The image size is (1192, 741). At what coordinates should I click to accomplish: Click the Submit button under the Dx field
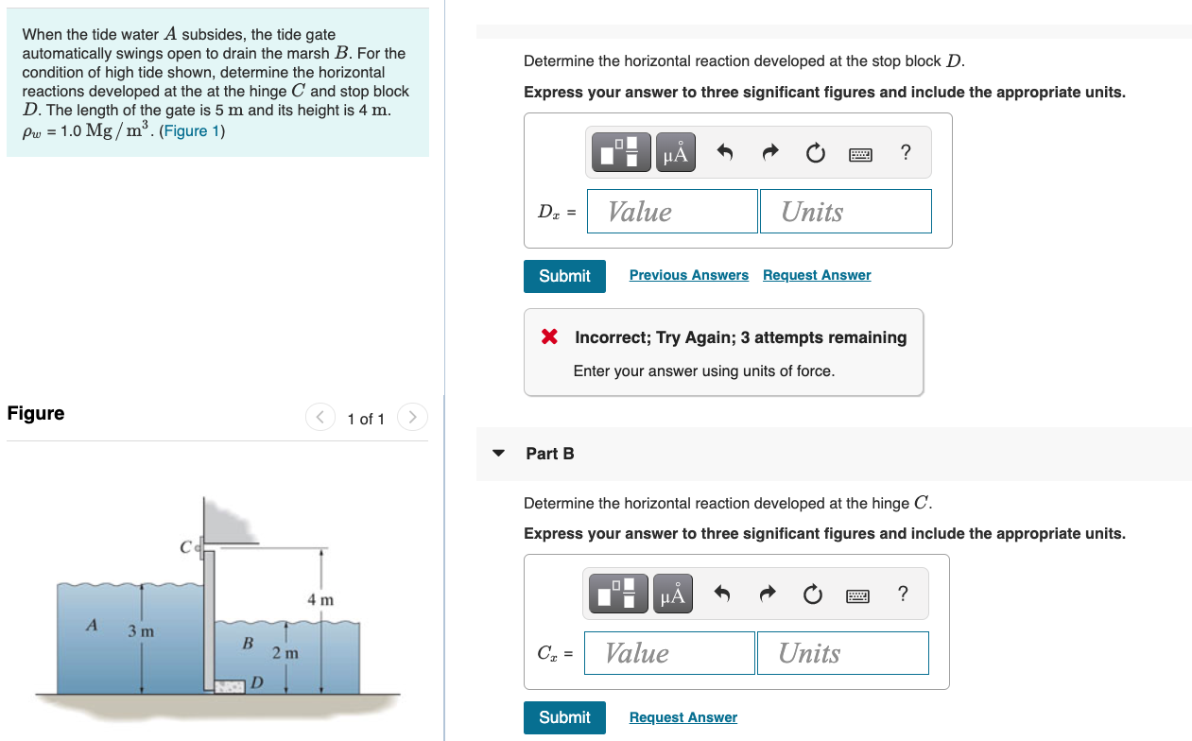click(x=564, y=276)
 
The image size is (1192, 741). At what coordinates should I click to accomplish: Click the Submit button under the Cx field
click(x=564, y=717)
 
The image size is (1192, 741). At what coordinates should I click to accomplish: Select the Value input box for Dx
click(x=672, y=212)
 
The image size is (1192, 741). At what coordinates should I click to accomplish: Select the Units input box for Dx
click(x=845, y=212)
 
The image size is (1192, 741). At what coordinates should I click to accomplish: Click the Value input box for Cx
click(x=669, y=653)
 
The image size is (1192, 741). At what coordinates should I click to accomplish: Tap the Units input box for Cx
click(x=842, y=653)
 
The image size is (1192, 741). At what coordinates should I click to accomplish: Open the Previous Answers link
click(x=688, y=275)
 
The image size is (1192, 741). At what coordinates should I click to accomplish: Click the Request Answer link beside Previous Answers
click(x=817, y=275)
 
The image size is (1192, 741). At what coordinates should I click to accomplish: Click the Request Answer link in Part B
click(x=682, y=717)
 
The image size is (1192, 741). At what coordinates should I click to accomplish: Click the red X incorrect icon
click(x=549, y=337)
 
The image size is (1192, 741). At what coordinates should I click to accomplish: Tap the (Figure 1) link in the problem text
click(x=192, y=131)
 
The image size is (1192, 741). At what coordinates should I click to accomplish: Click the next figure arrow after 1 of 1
click(x=412, y=417)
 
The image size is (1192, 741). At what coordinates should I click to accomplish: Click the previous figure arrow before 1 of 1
click(x=320, y=417)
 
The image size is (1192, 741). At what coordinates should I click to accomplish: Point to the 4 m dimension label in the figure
click(x=320, y=600)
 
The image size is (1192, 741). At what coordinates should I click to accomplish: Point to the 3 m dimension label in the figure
click(x=142, y=630)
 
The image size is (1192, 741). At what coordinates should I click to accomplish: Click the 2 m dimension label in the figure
click(x=285, y=653)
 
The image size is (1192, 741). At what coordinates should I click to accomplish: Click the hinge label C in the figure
click(x=185, y=547)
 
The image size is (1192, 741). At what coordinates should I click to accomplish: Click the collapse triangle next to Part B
click(x=499, y=454)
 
